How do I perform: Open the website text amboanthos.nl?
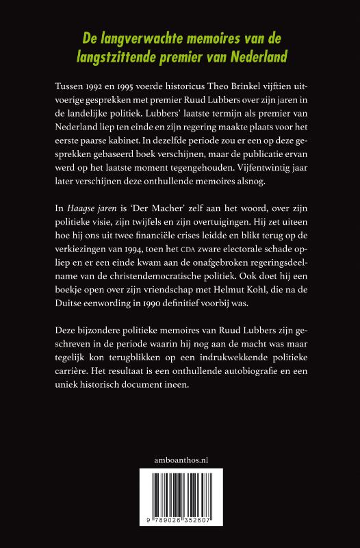click(180, 459)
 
